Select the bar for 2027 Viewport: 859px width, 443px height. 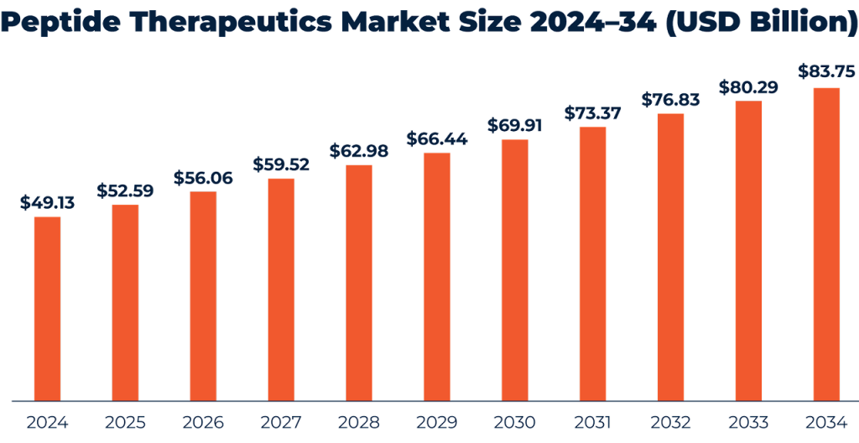(281, 289)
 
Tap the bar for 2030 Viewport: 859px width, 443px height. (514, 269)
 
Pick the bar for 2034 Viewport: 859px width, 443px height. (826, 243)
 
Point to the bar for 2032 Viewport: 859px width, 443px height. (670, 257)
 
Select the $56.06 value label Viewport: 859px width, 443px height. (203, 177)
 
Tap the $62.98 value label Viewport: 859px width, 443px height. (359, 151)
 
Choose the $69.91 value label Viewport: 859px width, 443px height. (515, 126)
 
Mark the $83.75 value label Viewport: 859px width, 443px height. (826, 72)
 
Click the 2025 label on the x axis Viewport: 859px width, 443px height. (125, 422)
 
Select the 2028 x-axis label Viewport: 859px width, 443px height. (359, 422)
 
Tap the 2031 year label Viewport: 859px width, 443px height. (592, 422)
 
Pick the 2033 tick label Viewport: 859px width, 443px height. (748, 422)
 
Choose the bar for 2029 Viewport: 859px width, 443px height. (436, 276)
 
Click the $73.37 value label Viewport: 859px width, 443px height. (592, 112)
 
